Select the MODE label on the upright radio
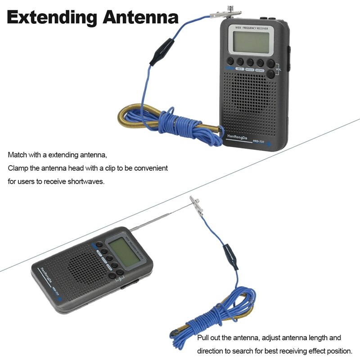coord(250,70)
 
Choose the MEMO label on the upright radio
coord(260,70)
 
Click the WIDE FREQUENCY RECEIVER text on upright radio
coord(251,28)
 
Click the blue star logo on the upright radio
coord(270,144)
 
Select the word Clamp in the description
coord(18,168)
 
